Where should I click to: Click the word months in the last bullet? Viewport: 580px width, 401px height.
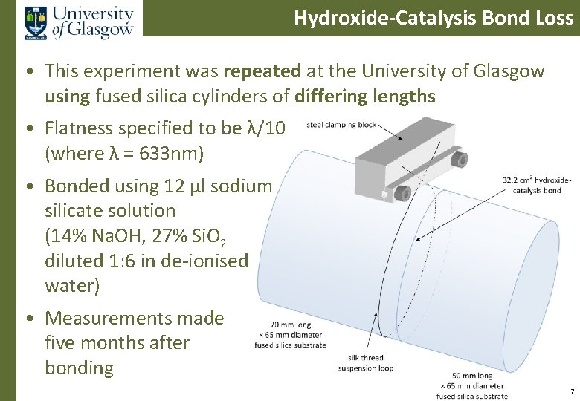pyautogui.click(x=112, y=343)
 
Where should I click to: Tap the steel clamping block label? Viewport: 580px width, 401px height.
pyautogui.click(x=341, y=125)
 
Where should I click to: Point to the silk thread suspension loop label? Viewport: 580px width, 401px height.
pyautogui.click(x=365, y=362)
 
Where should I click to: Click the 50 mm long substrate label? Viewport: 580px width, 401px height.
pyautogui.click(x=472, y=385)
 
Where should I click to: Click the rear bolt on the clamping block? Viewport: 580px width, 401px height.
pyautogui.click(x=461, y=159)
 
